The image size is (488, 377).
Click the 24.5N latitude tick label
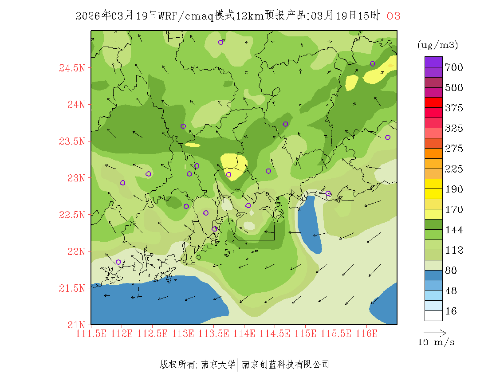click(71, 68)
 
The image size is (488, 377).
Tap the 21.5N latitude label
click(71, 289)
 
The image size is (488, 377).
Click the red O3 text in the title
click(394, 16)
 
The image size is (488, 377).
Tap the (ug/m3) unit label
click(438, 45)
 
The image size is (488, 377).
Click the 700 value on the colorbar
click(454, 67)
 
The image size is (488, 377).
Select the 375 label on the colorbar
click(454, 108)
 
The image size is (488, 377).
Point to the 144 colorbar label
click(454, 230)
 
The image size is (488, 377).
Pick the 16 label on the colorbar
click(451, 311)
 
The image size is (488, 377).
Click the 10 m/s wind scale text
click(436, 342)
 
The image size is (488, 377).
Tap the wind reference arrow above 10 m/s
click(435, 332)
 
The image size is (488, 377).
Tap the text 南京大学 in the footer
click(218, 365)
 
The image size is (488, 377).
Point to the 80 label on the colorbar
click(451, 271)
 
